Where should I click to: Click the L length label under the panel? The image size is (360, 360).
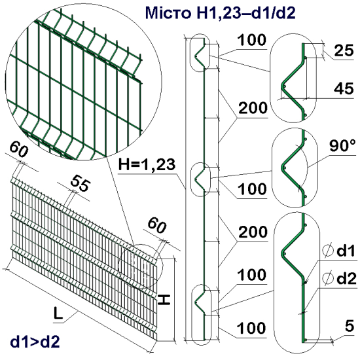tap(58, 314)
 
